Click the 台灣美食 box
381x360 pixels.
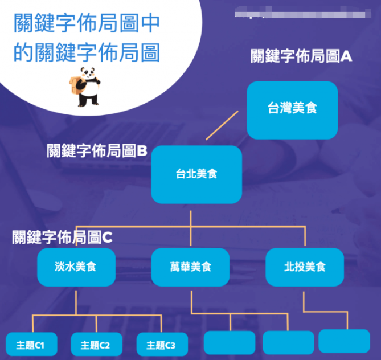292,110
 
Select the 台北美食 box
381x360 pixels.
196,174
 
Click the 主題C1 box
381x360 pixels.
30,345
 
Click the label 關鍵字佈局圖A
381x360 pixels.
302,56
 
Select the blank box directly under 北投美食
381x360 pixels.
344,341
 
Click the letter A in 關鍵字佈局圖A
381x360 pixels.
347,56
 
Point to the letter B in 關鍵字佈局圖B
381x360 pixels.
142,151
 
